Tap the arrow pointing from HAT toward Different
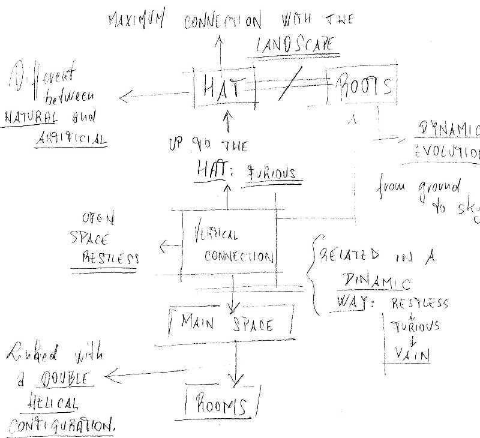pyautogui.click(x=153, y=95)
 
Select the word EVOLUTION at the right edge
pyautogui.click(x=447, y=151)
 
